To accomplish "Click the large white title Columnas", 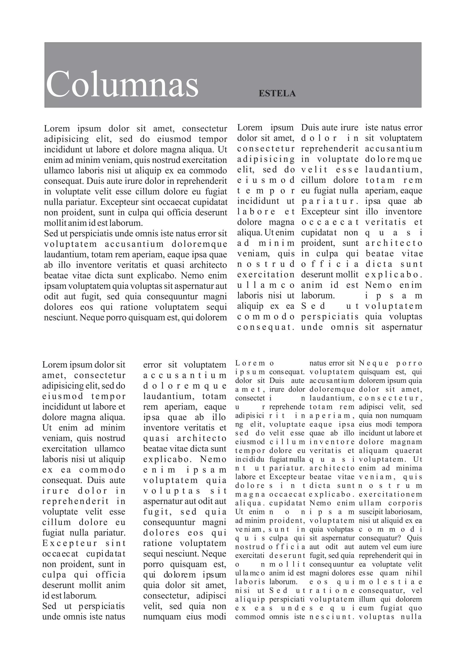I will click(x=122, y=84).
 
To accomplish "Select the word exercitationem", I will click(x=390, y=494).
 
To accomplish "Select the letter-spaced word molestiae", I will click(x=390, y=582).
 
